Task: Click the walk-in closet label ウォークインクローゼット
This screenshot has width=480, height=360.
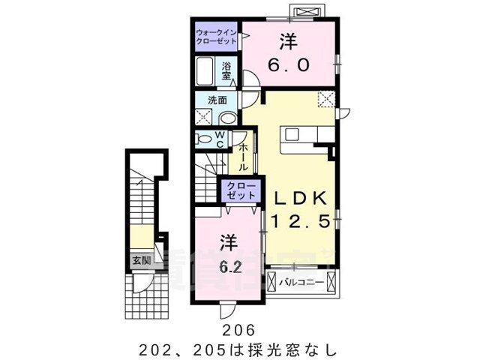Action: coord(217,36)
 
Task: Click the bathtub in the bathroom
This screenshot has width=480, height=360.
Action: coord(205,73)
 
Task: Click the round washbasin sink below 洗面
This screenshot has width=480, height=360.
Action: coord(227,117)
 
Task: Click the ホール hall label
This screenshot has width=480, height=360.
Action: coord(244,157)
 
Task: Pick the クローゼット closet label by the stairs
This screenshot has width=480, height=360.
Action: coord(241,190)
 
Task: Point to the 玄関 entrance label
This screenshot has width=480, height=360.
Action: coord(141,260)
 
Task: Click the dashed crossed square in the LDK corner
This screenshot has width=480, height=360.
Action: coord(325,99)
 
